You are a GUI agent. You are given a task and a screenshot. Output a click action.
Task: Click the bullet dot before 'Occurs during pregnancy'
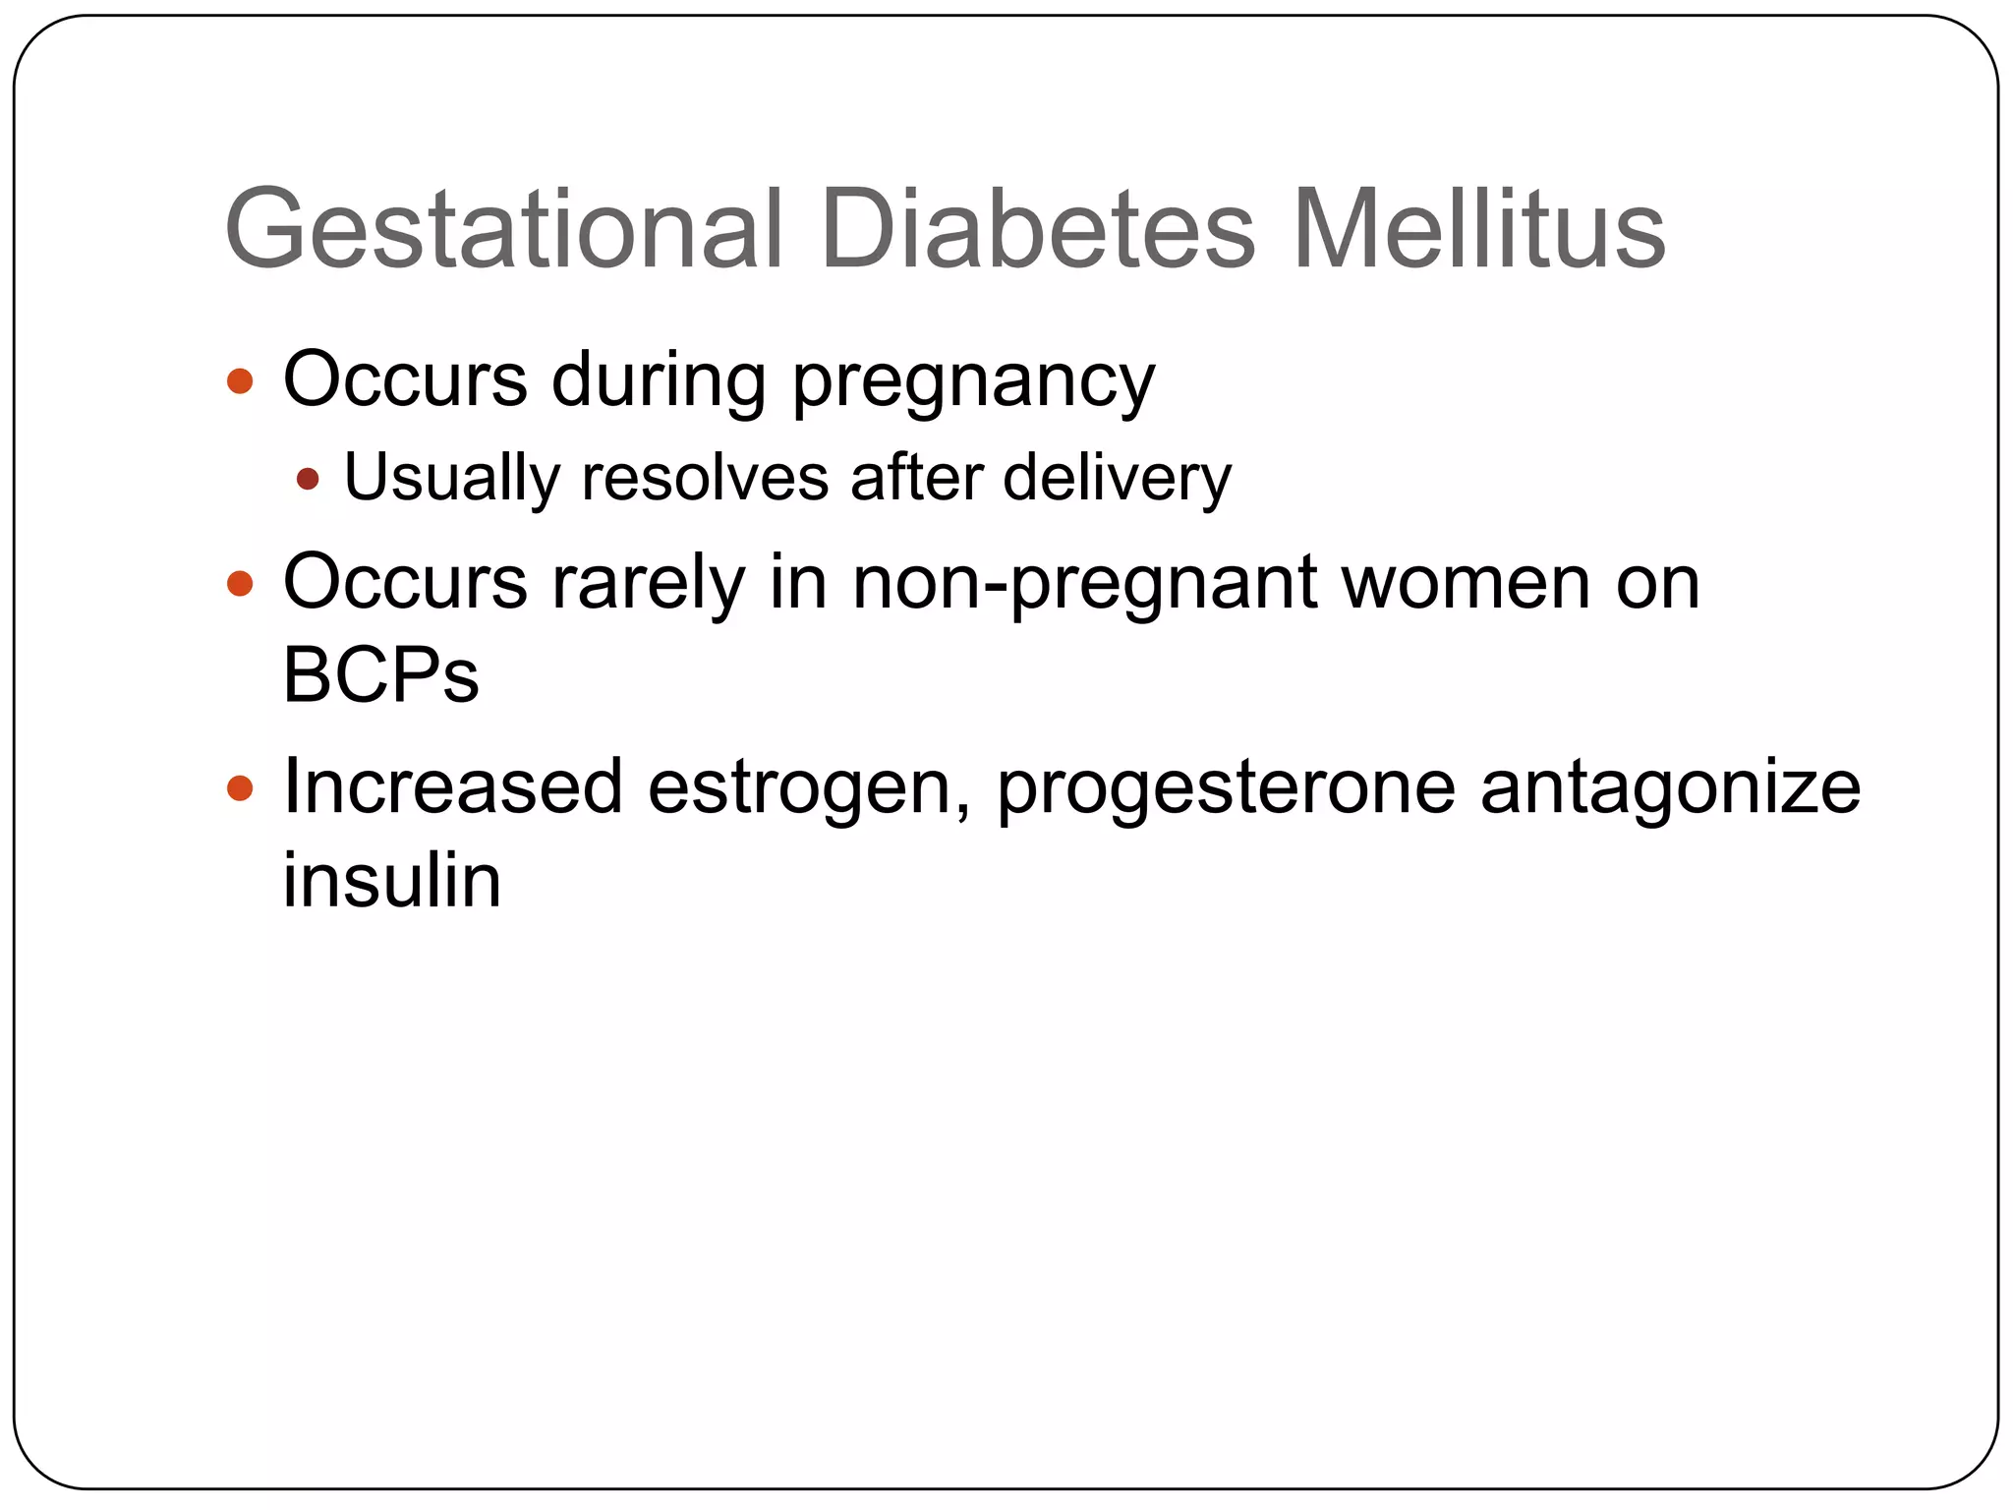coord(240,380)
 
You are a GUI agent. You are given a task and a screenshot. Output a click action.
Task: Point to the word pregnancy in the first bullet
coord(973,382)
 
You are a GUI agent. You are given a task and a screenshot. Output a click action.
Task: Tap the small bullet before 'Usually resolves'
coord(308,479)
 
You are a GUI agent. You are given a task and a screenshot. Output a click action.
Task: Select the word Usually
coord(451,479)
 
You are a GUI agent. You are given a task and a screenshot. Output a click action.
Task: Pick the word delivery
coord(1117,479)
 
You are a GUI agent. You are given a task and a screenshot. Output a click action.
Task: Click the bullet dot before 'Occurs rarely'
coord(240,584)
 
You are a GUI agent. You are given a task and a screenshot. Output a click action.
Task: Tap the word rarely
coord(649,584)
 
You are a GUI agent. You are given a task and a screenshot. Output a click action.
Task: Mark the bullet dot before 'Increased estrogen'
coord(240,787)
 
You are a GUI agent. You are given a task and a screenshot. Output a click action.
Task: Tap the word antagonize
coord(1670,789)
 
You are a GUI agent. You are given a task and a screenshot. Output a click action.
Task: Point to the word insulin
coord(392,879)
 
